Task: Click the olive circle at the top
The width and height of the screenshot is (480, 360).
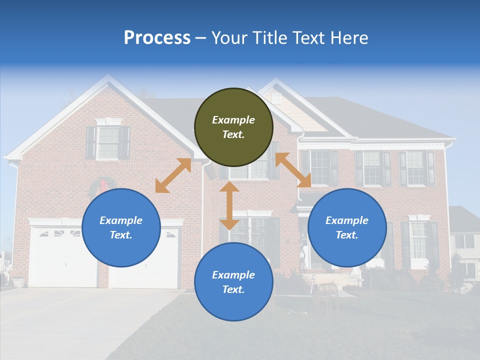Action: (233, 127)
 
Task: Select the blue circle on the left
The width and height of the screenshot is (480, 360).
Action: (121, 227)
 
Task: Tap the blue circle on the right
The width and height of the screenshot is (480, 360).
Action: (347, 227)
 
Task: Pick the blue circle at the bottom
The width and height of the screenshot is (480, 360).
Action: (233, 282)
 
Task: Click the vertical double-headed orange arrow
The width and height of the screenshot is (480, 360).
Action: (229, 205)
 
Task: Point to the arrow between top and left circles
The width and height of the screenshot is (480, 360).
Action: (173, 175)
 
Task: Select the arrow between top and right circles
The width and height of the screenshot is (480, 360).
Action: (293, 170)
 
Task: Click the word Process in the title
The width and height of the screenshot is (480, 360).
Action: (157, 37)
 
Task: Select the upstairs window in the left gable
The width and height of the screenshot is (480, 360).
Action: (108, 143)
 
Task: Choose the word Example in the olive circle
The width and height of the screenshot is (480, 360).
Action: (233, 120)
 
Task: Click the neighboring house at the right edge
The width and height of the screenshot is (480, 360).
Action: (465, 245)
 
